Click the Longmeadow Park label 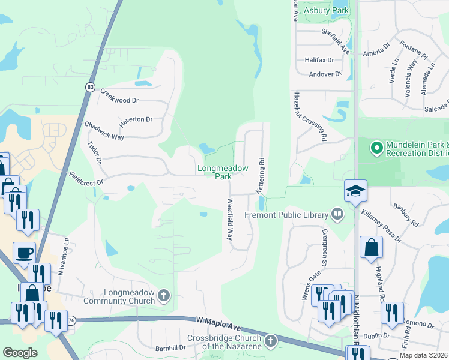click(x=223, y=173)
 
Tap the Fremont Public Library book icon click(x=338, y=214)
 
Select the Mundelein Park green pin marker click(x=376, y=146)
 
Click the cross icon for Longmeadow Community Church click(x=164, y=295)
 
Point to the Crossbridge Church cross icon click(x=271, y=341)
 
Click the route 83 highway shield click(x=90, y=86)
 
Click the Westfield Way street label click(x=229, y=219)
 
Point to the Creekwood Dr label click(x=119, y=95)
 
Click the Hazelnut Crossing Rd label click(x=310, y=116)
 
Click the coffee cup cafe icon click(x=24, y=253)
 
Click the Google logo click(x=20, y=353)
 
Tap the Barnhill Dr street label click(x=170, y=347)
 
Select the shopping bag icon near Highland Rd click(x=371, y=247)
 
